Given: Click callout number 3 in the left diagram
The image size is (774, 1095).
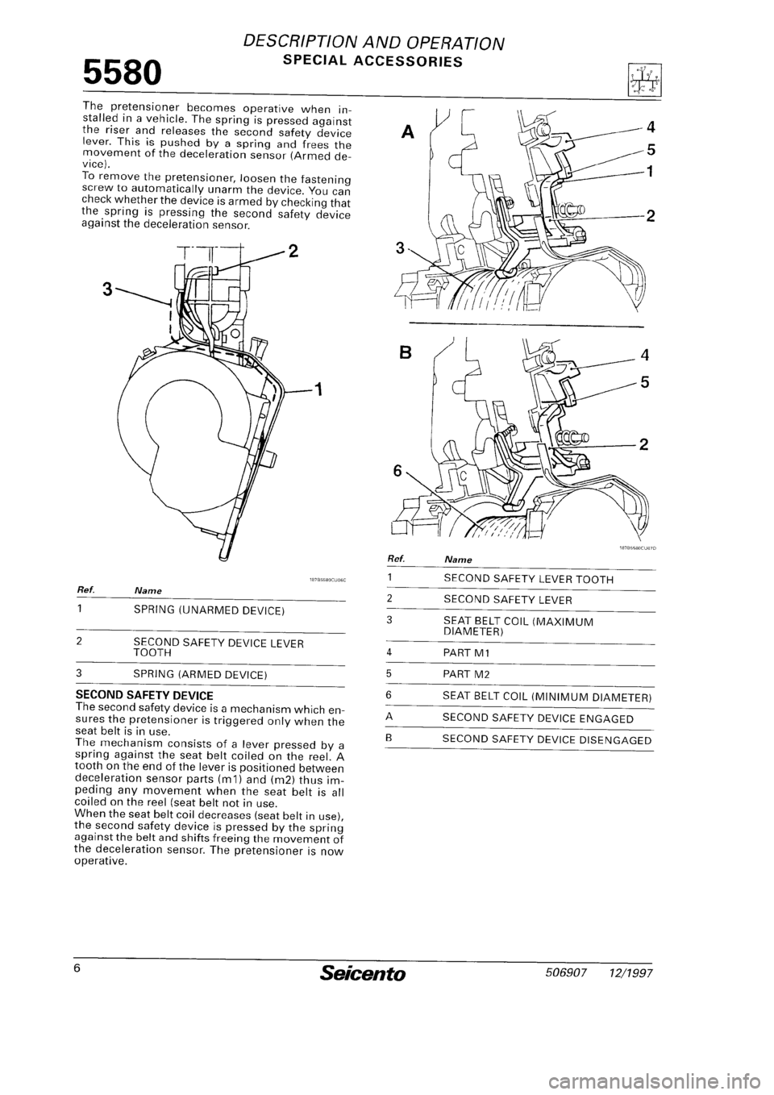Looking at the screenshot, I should coord(102,288).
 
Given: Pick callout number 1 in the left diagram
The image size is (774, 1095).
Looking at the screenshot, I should coord(318,391).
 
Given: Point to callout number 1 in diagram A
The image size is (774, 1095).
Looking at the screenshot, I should coord(651,171).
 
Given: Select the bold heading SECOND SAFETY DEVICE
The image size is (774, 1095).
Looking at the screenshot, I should coord(143,694).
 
